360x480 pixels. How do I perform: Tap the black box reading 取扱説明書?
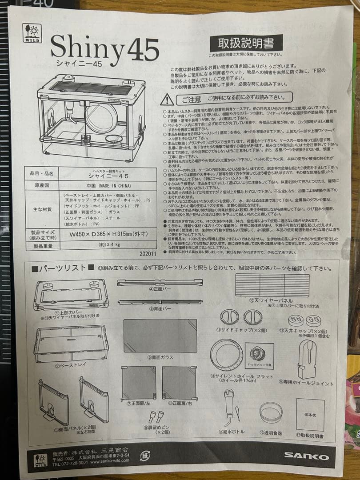(x=246, y=43)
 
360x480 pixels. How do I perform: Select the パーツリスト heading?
(x=62, y=268)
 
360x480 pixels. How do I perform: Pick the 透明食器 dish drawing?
(x=271, y=412)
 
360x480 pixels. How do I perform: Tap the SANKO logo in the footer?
(x=307, y=456)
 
